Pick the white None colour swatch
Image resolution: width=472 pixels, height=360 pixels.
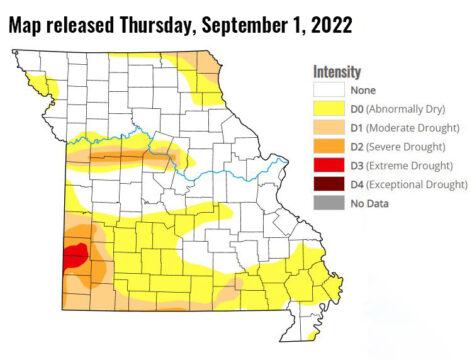[x=326, y=89]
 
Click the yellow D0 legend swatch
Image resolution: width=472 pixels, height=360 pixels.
[x=326, y=108]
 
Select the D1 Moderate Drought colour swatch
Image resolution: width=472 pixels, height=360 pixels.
[x=326, y=127]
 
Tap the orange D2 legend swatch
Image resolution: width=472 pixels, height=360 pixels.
[x=326, y=146]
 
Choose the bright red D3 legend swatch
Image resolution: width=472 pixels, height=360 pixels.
[x=326, y=165]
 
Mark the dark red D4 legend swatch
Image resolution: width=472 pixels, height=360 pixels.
[x=326, y=184]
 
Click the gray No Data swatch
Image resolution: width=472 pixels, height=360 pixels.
[x=326, y=203]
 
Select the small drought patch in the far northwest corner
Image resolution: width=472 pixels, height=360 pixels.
[x=40, y=81]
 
